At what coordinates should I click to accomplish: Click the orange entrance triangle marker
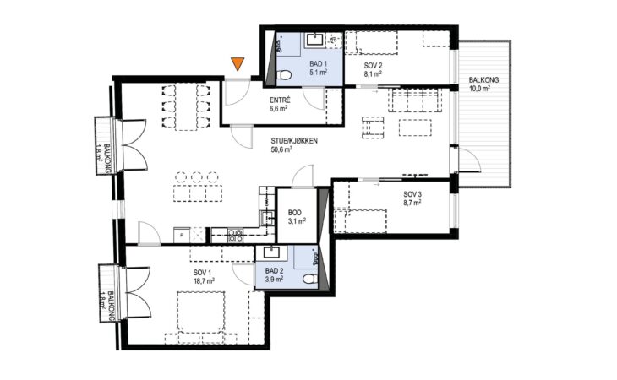[238, 63]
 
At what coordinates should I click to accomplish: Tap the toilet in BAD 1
[285, 74]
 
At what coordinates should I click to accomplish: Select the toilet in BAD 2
[310, 279]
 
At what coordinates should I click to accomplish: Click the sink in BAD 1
[314, 40]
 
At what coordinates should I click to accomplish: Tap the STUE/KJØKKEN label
[294, 141]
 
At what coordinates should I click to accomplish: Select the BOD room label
[295, 213]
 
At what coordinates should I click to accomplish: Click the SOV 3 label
[412, 194]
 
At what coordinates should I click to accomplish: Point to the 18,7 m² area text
[204, 280]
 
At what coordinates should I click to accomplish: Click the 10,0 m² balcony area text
[479, 89]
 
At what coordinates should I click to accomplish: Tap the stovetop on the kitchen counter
[235, 235]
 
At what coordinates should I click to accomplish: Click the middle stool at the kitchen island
[197, 177]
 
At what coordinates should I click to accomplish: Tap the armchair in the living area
[373, 128]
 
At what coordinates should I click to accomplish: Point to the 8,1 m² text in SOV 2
[373, 73]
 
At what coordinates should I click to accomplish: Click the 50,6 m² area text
[281, 149]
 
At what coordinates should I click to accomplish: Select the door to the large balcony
[468, 160]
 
